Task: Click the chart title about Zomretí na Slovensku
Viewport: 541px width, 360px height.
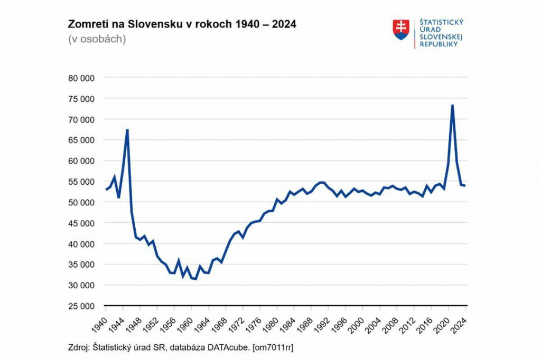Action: [x=182, y=25]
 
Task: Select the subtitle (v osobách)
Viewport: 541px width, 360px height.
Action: [x=97, y=39]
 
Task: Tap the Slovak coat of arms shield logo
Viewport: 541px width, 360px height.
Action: [x=401, y=30]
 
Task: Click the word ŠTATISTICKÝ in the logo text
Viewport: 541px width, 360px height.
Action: [x=441, y=22]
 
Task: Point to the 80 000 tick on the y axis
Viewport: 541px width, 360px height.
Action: [x=81, y=78]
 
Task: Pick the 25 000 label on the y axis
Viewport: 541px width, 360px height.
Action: [x=81, y=306]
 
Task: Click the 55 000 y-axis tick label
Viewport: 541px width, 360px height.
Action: [x=81, y=182]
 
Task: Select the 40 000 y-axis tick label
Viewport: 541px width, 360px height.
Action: [x=81, y=244]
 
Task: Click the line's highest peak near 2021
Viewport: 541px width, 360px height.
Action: [x=452, y=105]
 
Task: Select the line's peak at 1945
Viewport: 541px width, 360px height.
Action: [x=127, y=130]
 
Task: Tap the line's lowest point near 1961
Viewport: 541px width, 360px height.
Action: [x=195, y=279]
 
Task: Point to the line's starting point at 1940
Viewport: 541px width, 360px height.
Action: [x=106, y=189]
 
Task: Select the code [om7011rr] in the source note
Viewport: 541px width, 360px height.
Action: [x=276, y=348]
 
